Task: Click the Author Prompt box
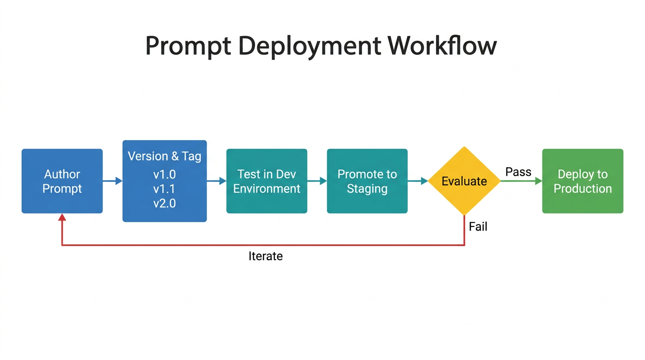(62, 181)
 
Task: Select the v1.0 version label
(165, 175)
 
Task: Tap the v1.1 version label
(165, 189)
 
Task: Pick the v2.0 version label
(165, 203)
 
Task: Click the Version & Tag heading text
(165, 156)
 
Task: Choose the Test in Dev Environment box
(267, 181)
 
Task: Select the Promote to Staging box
(367, 181)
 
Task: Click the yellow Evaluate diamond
(464, 181)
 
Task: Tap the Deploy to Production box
(583, 181)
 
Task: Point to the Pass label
(518, 172)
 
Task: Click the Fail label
(478, 227)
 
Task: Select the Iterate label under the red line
(265, 256)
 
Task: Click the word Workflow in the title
(442, 46)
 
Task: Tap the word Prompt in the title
(188, 46)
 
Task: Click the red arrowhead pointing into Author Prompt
(62, 217)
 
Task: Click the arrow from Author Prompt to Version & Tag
(112, 181)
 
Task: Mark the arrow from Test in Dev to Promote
(317, 181)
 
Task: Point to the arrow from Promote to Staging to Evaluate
(418, 181)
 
